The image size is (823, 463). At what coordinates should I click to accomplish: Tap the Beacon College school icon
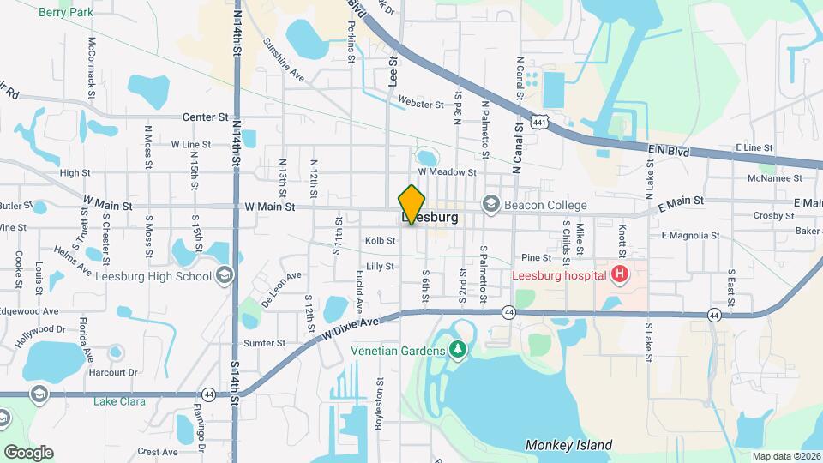click(x=490, y=204)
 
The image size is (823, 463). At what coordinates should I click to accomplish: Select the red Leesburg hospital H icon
click(x=619, y=276)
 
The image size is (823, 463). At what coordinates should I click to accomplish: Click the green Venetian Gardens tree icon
click(x=459, y=350)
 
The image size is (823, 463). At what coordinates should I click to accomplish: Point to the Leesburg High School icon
click(x=224, y=275)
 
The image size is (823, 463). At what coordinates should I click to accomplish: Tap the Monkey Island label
click(x=568, y=445)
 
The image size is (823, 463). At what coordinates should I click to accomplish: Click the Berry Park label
click(x=65, y=11)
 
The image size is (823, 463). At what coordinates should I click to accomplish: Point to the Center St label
click(x=206, y=117)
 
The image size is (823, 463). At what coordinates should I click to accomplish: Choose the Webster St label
click(x=421, y=105)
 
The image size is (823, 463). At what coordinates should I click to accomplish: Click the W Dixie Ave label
click(x=351, y=328)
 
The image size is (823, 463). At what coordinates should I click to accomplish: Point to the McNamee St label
click(x=774, y=178)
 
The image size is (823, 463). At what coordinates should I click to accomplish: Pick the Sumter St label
click(x=264, y=343)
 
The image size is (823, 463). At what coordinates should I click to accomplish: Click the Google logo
click(x=28, y=452)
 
